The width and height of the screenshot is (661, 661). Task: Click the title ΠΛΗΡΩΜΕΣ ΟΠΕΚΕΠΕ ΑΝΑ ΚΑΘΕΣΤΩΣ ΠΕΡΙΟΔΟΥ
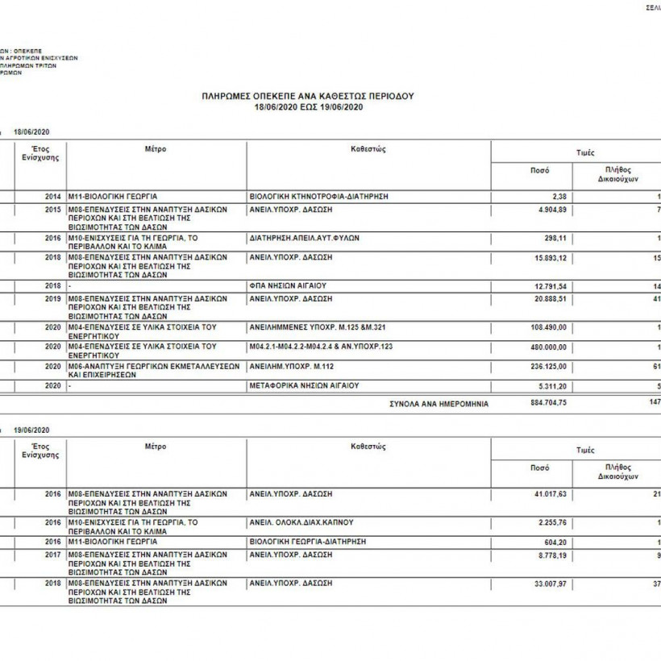pos(307,96)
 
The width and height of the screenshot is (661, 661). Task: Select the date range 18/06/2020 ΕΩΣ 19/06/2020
pos(307,106)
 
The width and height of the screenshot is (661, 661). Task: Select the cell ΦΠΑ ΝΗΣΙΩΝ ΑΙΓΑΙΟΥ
pos(288,286)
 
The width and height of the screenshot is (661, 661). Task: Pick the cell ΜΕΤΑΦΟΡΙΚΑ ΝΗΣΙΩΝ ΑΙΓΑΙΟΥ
pos(303,385)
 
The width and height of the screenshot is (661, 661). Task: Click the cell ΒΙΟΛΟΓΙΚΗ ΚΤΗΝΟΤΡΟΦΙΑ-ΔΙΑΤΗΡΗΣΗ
pos(319,196)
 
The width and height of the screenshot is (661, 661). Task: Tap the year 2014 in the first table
pos(52,196)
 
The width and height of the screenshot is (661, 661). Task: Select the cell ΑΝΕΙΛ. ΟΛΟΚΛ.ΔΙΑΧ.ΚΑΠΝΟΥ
pos(301,522)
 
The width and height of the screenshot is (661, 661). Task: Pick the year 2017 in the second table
pos(52,555)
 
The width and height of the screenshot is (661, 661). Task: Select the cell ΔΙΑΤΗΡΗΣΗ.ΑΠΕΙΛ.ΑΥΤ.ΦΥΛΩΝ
pos(305,239)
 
